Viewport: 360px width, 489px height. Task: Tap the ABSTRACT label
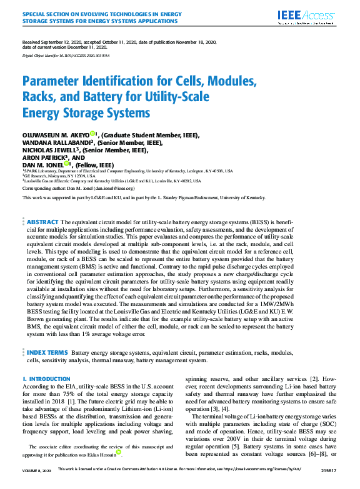tap(43, 222)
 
